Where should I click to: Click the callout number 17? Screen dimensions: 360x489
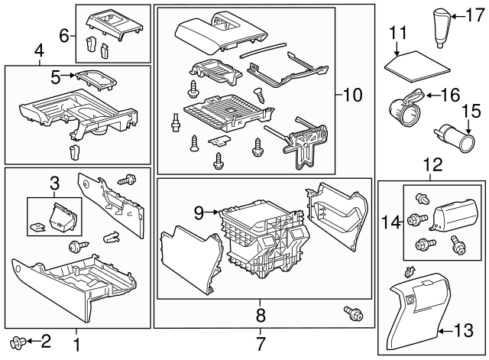click(x=476, y=15)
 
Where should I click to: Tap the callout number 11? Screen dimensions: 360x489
click(x=397, y=33)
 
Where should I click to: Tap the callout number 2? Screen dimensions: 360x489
click(x=44, y=339)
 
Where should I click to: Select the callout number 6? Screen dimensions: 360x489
click(x=64, y=34)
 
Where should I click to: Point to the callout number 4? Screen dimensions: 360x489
click(x=38, y=52)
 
